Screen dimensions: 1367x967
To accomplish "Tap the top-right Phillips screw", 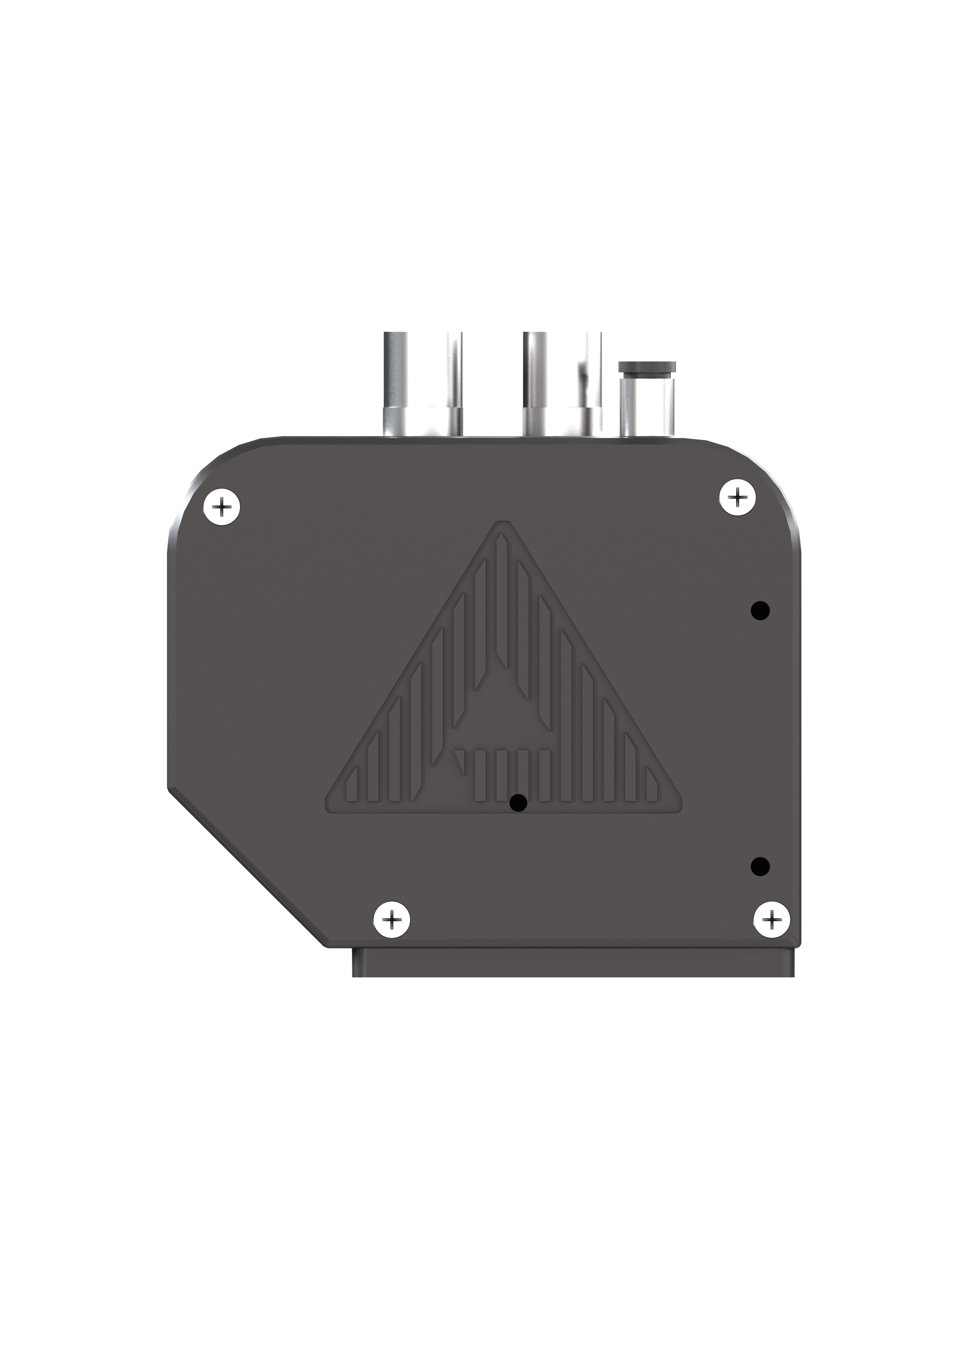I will coord(738,496).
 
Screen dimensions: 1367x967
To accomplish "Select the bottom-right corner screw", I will coord(772,921).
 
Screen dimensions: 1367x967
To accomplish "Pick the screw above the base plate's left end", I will coord(391,921).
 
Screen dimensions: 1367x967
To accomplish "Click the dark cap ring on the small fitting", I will coord(648,366).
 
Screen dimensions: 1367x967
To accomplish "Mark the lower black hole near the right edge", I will coord(760,866).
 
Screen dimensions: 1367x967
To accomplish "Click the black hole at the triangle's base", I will coord(518,803).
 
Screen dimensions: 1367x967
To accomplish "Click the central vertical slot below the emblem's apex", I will coord(502,601).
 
